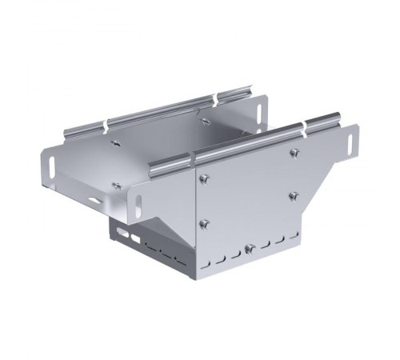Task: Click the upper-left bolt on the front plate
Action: tap(206, 178)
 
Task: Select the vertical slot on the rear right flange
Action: tap(262, 107)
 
